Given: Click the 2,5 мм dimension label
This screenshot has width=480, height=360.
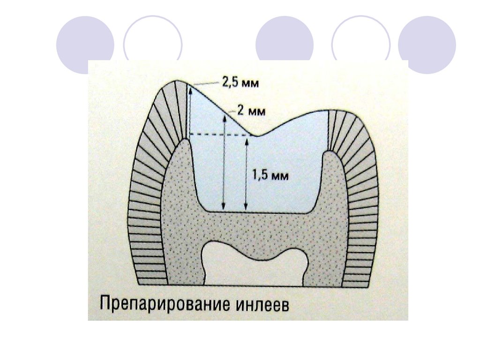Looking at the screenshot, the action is tap(240, 84).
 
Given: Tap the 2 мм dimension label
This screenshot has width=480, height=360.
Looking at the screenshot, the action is tap(251, 112).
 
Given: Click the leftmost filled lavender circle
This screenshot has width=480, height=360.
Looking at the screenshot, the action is tap(85, 44).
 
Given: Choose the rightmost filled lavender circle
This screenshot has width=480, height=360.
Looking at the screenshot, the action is tap(427, 44).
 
